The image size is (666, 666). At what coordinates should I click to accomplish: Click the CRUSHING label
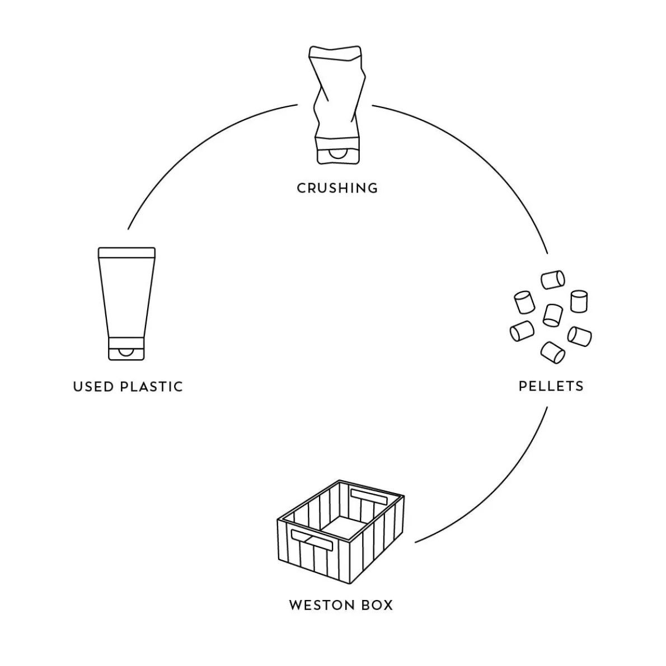tap(337, 188)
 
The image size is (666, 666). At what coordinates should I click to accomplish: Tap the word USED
tap(93, 387)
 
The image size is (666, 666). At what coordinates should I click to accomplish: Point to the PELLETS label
tap(551, 386)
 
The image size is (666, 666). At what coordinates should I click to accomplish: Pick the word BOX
tap(376, 605)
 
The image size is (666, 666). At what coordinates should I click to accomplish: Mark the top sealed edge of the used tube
tap(126, 252)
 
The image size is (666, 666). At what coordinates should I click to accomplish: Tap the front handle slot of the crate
tap(312, 541)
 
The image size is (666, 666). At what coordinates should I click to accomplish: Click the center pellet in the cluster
tap(552, 315)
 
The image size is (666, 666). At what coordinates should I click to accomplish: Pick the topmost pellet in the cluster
tap(553, 279)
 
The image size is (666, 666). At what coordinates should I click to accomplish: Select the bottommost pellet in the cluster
tap(553, 352)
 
